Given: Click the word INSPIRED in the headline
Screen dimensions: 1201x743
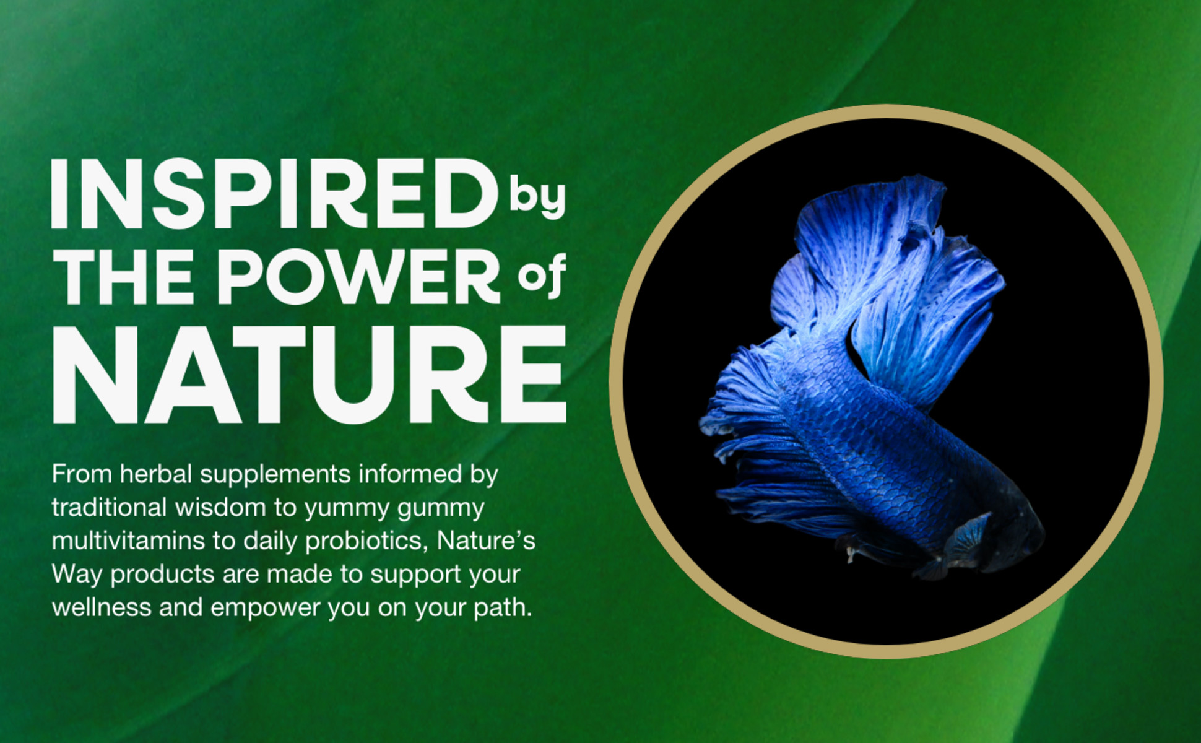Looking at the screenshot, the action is (274, 193).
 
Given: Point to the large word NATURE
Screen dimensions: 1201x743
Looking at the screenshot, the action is (310, 374).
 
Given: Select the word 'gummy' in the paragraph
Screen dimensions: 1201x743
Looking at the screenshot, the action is (441, 509).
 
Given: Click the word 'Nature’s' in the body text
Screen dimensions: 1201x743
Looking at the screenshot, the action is (486, 541).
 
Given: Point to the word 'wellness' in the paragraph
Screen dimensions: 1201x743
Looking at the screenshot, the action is (102, 608).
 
